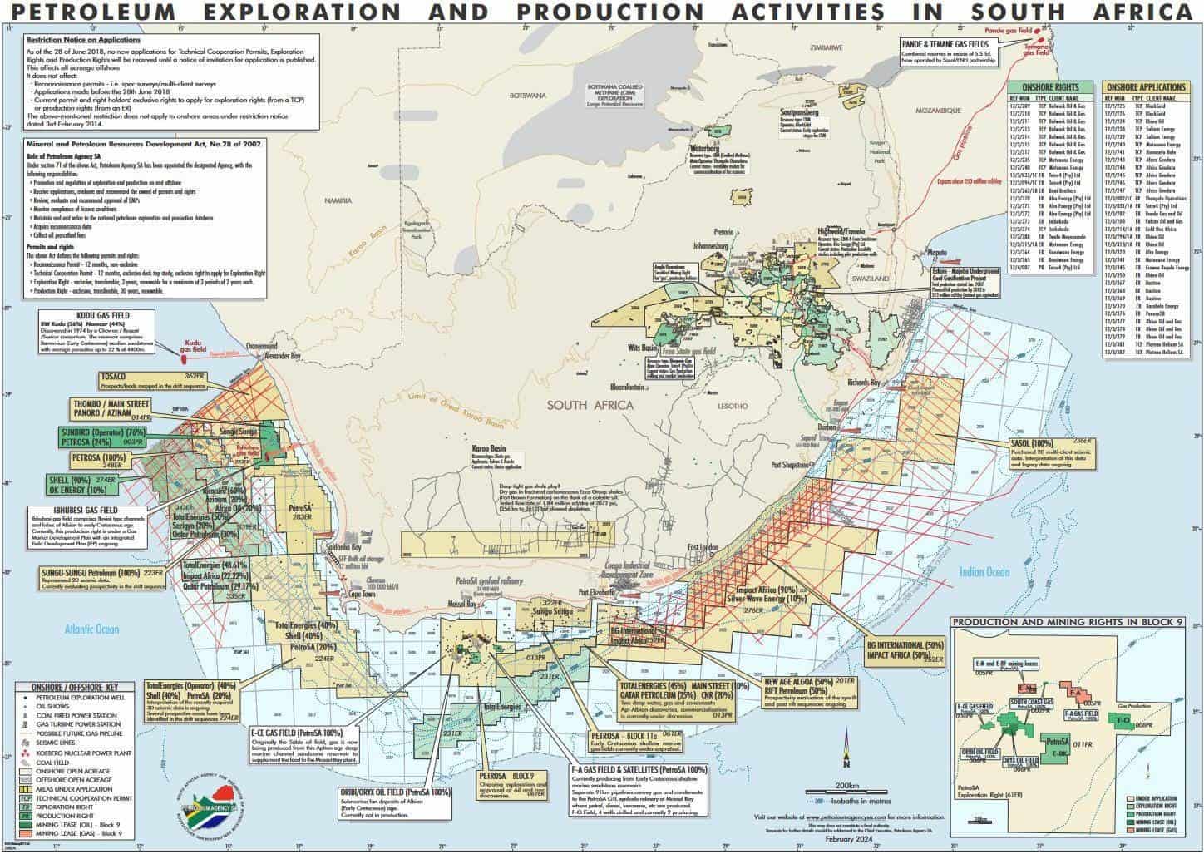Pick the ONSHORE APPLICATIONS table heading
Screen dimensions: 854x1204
coord(1145,86)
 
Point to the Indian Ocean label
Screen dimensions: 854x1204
coord(984,572)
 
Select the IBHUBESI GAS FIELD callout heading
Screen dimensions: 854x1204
coord(75,509)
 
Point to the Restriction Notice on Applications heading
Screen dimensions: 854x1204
coord(83,40)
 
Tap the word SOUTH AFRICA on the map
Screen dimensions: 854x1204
coord(590,405)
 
